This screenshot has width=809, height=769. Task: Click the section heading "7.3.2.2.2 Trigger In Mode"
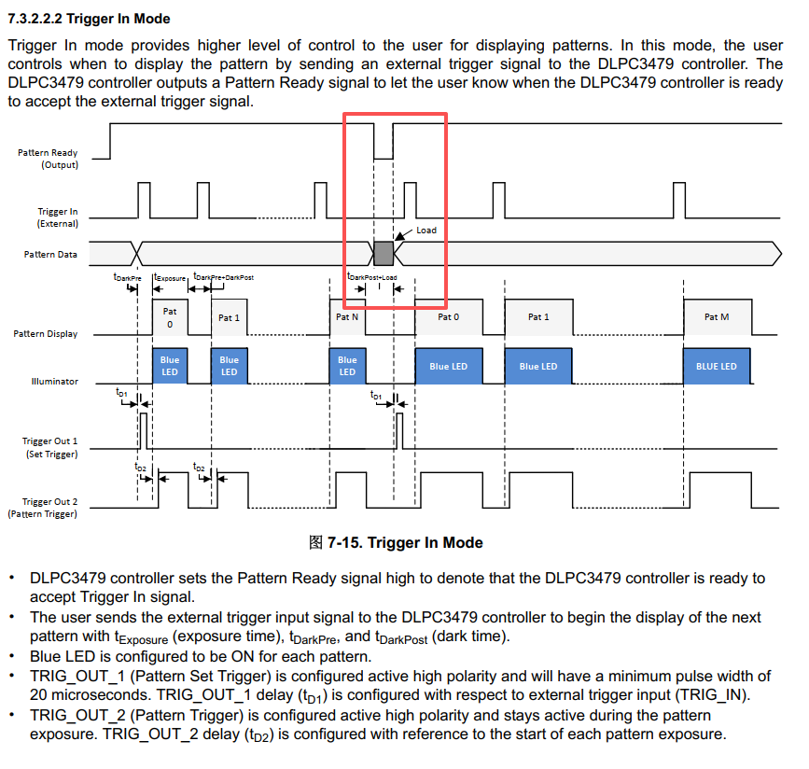click(89, 19)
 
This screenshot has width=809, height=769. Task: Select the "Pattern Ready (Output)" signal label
click(48, 159)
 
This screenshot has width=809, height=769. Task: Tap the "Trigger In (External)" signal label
click(57, 217)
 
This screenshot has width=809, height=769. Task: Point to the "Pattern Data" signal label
click(50, 254)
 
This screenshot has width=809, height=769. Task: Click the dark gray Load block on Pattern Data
click(384, 253)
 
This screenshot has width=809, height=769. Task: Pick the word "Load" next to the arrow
click(426, 231)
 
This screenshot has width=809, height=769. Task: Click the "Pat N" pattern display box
click(347, 317)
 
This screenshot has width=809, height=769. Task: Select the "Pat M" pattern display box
click(718, 317)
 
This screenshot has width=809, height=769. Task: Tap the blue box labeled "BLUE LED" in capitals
click(717, 366)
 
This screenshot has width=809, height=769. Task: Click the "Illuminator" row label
click(55, 382)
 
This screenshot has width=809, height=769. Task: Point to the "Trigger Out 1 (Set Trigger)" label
click(49, 447)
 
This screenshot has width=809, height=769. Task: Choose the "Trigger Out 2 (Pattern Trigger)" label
click(42, 508)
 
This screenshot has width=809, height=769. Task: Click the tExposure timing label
click(170, 277)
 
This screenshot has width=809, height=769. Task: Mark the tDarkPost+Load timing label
click(372, 276)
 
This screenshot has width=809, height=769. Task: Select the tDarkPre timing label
click(128, 277)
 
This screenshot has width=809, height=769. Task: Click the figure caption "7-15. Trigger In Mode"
click(405, 542)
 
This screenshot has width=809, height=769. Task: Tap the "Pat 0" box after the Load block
click(449, 317)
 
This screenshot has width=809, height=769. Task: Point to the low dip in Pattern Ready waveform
click(384, 159)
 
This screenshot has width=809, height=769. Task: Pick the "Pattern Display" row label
click(46, 334)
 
